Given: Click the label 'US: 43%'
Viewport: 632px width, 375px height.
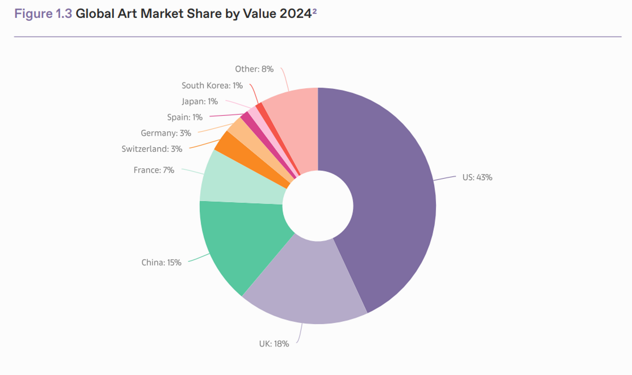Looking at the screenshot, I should point(477,177).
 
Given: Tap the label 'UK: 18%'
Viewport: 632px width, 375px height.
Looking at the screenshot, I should point(274,344).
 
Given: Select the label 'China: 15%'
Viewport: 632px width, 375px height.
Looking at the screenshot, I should point(161,262).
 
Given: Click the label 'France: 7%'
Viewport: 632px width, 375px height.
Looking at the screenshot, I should point(154,170).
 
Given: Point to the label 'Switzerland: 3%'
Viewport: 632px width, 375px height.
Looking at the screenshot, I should point(152,149).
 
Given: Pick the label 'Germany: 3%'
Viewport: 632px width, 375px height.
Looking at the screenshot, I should point(166,133).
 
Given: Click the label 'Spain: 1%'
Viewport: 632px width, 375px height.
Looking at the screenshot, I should point(185,117).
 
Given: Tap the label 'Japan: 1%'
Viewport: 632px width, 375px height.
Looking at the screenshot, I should point(200,101).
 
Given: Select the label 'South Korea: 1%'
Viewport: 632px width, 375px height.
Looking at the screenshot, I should point(212,85).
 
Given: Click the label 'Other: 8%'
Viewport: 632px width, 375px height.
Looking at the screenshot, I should point(254,69).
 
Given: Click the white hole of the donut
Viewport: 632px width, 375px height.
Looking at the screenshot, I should point(318,206).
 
